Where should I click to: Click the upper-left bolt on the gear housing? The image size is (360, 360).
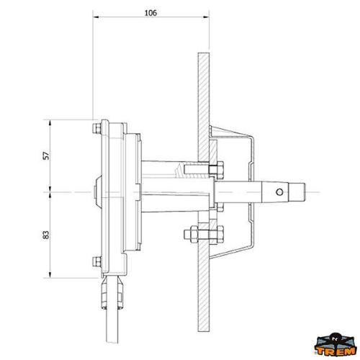pos(97,130)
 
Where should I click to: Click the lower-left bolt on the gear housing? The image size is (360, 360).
pos(97,261)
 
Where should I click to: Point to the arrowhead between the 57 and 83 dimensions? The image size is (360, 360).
pos(51,192)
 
